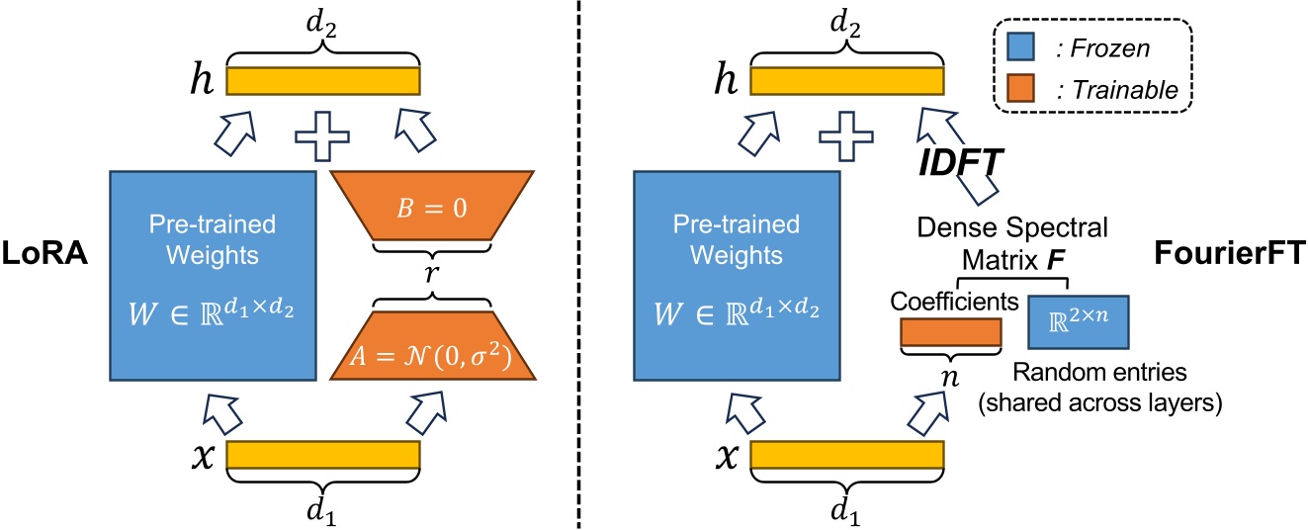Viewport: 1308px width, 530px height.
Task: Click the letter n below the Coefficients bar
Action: [x=949, y=375]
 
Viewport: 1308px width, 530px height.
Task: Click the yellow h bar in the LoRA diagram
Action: [x=323, y=80]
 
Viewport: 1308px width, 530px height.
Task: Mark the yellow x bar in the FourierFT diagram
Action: [x=847, y=455]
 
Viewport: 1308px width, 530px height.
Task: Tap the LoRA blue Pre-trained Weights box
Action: [x=212, y=276]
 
